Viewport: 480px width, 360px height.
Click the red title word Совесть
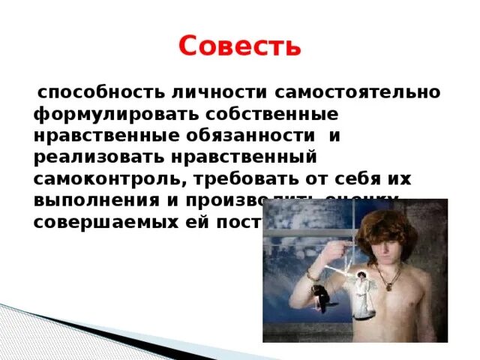239,46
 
